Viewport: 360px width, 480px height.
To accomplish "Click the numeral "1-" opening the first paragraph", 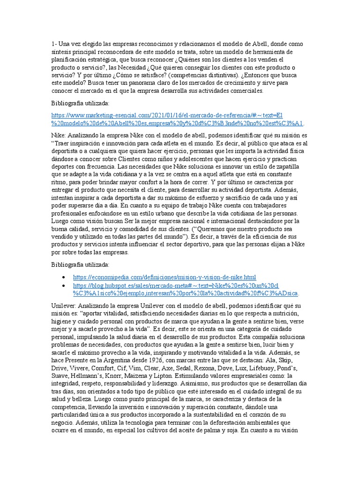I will coord(54,44).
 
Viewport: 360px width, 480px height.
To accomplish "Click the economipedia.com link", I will coord(165,277).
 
